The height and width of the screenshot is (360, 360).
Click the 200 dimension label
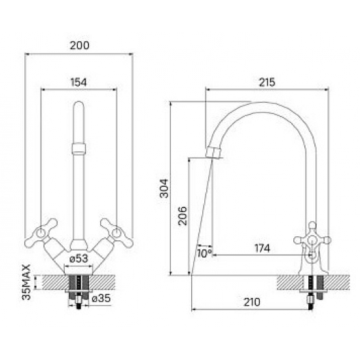(x=79, y=45)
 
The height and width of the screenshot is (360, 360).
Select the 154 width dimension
(x=79, y=82)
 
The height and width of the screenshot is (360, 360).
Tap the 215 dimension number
(x=267, y=82)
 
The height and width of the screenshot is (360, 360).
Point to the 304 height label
(x=164, y=189)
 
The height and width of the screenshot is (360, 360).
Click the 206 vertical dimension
(x=183, y=216)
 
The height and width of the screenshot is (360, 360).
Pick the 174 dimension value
(x=262, y=248)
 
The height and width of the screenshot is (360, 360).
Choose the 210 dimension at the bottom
(x=252, y=302)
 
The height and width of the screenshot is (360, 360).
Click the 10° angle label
(x=205, y=253)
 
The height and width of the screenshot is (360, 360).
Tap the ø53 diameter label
(x=79, y=259)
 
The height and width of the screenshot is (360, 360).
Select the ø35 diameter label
(x=101, y=298)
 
